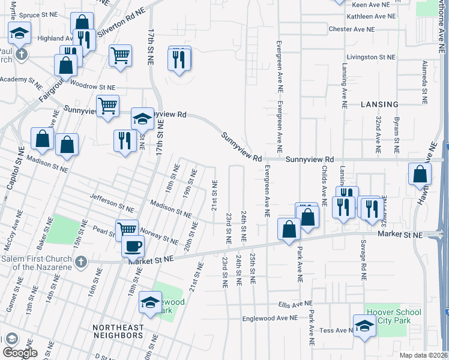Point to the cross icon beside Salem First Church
point(82,262)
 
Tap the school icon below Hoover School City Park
point(364,326)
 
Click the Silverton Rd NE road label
point(122,23)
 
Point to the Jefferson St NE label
point(110,200)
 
